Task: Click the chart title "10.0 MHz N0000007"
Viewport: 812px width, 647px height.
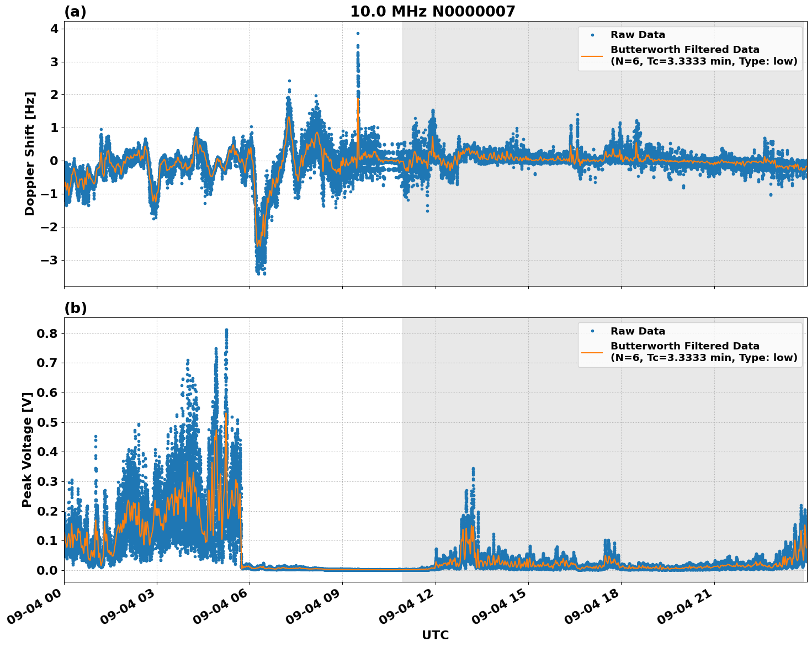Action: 432,12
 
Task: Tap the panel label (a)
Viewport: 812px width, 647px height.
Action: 75,12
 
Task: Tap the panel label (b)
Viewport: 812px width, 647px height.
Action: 75,308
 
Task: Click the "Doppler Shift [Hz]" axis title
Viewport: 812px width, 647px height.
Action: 30,153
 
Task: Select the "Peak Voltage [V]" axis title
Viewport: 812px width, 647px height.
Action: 27,449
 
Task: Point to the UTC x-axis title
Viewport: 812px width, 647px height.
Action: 435,635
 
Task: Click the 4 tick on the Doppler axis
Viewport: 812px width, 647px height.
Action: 54,29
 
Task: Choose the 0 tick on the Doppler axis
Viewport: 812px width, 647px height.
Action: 54,161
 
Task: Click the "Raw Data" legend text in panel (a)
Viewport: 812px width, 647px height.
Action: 638,35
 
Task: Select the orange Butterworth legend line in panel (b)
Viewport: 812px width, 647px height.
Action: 592,352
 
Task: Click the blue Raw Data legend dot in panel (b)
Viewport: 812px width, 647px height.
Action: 592,331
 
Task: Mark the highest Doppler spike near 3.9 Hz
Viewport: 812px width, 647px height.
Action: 358,33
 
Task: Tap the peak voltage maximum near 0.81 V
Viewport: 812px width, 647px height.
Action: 226,330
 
